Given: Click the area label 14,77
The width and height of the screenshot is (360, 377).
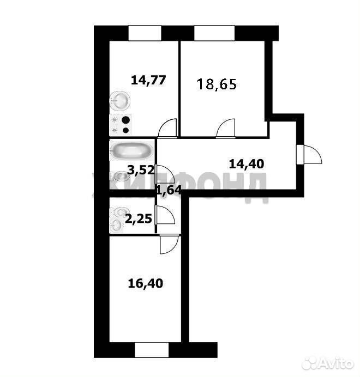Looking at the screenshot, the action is point(148,80).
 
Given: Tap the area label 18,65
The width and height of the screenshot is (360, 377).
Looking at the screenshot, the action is point(217,84).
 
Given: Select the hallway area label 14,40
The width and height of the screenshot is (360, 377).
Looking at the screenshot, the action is point(247,164).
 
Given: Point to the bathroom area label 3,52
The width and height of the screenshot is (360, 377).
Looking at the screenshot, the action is point(140,170).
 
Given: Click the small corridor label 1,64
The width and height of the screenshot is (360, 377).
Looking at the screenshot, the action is point(169,191).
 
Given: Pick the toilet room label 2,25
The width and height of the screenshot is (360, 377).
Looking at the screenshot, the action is point(139,219).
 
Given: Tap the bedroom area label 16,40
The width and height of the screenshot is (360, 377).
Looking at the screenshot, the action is point(146,283).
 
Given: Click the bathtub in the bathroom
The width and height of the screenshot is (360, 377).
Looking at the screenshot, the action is point(131,151).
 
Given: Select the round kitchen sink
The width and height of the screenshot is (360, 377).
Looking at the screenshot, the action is point(119,101).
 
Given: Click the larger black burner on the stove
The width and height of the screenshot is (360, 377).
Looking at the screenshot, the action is point(125,119).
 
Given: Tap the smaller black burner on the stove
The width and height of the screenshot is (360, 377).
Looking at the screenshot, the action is point(125,130).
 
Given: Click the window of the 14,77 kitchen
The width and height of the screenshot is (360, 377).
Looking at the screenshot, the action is point(145,33).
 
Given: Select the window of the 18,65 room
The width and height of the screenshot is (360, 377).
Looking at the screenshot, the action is point(214,33).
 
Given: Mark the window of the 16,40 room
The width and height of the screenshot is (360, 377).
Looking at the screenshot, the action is point(152,350).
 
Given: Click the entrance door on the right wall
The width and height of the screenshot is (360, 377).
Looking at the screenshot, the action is point(309,154).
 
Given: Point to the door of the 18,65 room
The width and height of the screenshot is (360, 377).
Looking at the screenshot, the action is point(226,129).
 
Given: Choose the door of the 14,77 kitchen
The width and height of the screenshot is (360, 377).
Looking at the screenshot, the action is point(167,129).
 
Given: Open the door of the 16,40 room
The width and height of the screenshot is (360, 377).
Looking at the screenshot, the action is point(170,244).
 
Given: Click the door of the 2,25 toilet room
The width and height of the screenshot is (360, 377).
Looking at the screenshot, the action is point(165,215).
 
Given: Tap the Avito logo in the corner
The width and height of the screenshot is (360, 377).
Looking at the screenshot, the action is point(328,363).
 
